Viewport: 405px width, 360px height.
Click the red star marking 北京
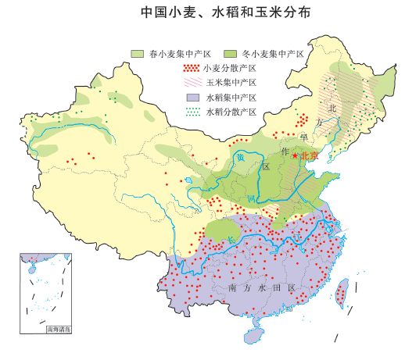[295, 156]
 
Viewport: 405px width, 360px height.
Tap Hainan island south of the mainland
[255, 334]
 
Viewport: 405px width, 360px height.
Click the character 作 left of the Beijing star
[285, 150]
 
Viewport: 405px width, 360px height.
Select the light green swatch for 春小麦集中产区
[138, 53]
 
